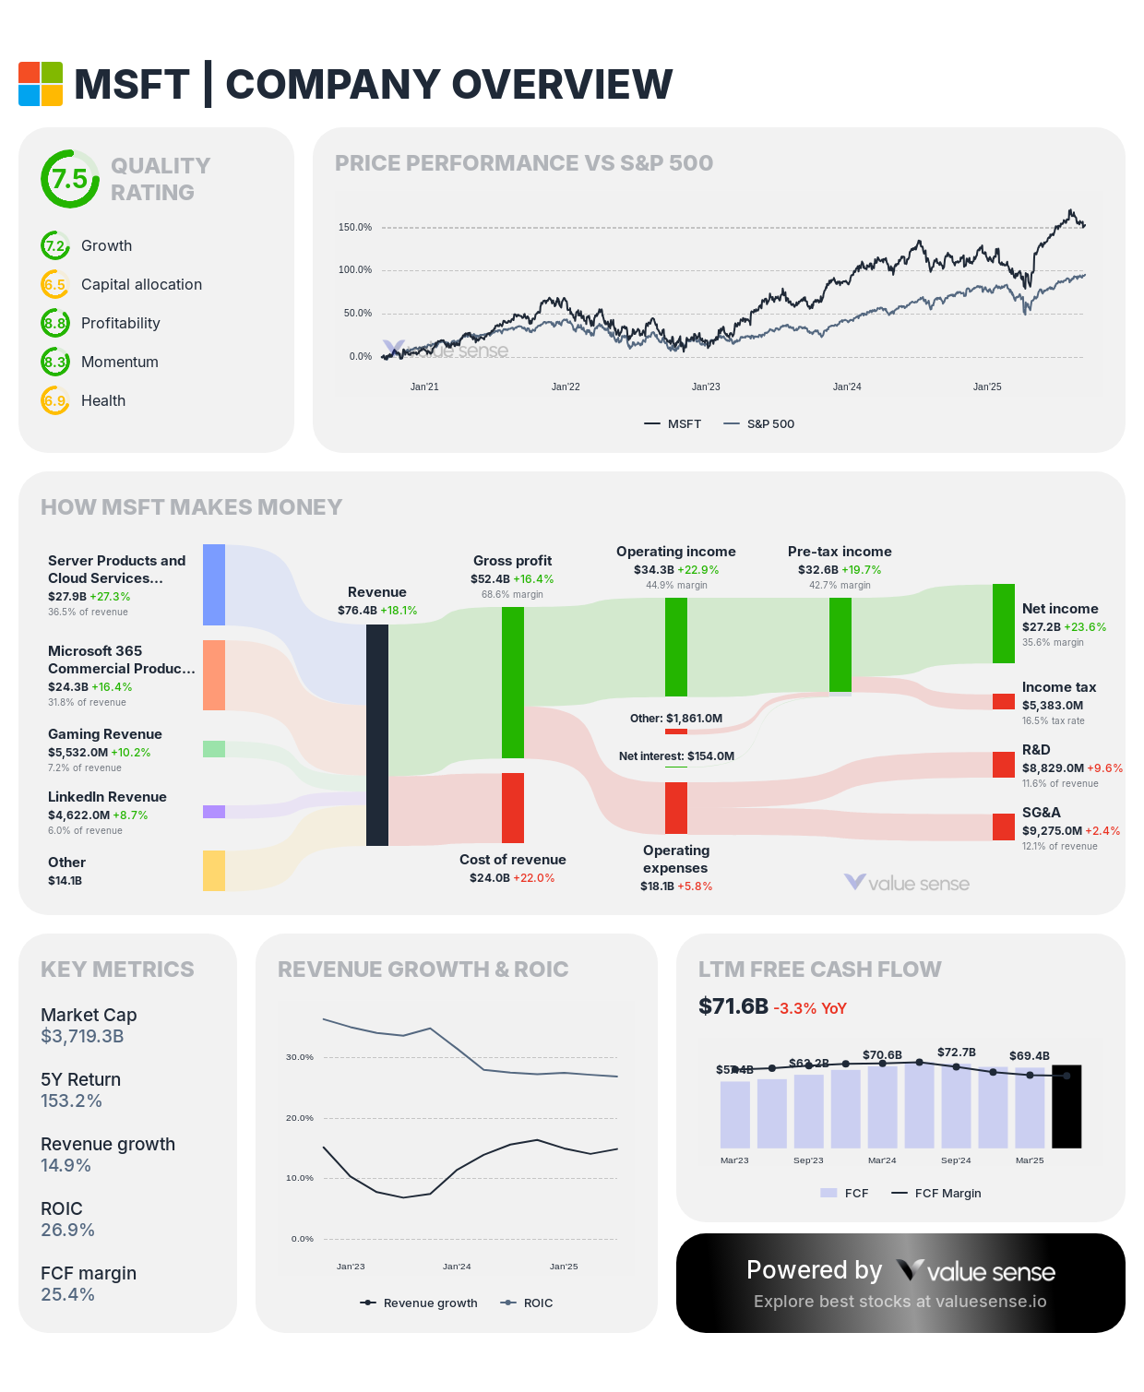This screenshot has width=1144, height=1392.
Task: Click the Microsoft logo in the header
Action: [41, 84]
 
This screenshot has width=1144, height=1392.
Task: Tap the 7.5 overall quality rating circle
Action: [69, 179]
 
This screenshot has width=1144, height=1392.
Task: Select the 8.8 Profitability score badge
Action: [55, 323]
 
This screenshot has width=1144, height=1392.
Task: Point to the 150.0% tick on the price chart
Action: [355, 227]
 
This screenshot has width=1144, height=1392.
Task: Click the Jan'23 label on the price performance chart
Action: [706, 387]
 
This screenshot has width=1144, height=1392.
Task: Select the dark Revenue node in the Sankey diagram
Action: [377, 734]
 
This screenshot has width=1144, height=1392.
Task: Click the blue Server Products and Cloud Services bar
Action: [214, 585]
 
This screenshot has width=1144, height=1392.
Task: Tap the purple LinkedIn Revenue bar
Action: [214, 812]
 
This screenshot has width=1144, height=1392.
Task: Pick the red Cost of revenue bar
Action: [513, 808]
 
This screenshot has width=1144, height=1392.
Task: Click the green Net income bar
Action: [1004, 624]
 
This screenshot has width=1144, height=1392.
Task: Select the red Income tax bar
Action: [1004, 701]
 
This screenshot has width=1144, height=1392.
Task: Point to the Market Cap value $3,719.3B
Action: [82, 1036]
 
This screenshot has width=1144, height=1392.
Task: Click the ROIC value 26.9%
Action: [67, 1230]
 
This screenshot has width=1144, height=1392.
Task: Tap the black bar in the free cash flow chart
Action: [1067, 1106]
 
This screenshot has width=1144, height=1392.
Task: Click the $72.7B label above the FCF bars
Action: [956, 1052]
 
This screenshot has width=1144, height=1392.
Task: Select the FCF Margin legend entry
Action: [936, 1193]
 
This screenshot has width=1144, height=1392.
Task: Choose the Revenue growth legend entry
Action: [420, 1303]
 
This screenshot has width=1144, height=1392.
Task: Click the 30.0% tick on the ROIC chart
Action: [300, 1057]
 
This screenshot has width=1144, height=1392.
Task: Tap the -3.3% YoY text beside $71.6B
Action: [809, 1008]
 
